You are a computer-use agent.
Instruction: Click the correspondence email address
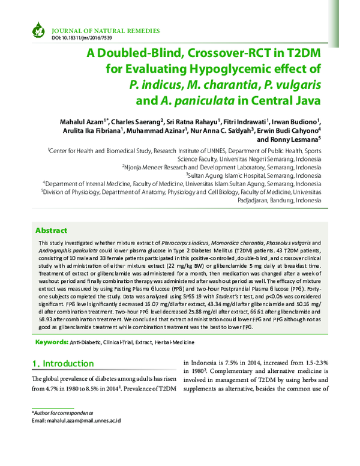click(x=76, y=421)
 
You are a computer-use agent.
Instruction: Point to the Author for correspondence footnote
click(x=62, y=413)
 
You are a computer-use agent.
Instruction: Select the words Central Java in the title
click(x=285, y=97)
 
